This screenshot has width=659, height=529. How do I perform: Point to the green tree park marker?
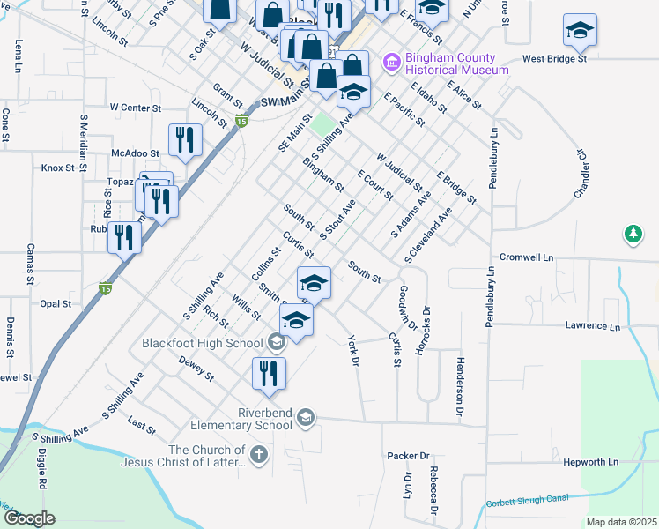[632, 235]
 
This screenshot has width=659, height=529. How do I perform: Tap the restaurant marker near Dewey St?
[269, 372]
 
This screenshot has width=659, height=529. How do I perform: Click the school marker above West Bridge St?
[579, 31]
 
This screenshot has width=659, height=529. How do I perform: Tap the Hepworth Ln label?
[589, 461]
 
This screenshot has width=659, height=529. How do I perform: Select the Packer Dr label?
[408, 456]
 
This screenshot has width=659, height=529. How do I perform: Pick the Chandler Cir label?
[581, 173]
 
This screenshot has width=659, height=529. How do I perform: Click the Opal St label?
[55, 303]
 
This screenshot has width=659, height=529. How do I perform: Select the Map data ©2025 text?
[621, 522]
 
